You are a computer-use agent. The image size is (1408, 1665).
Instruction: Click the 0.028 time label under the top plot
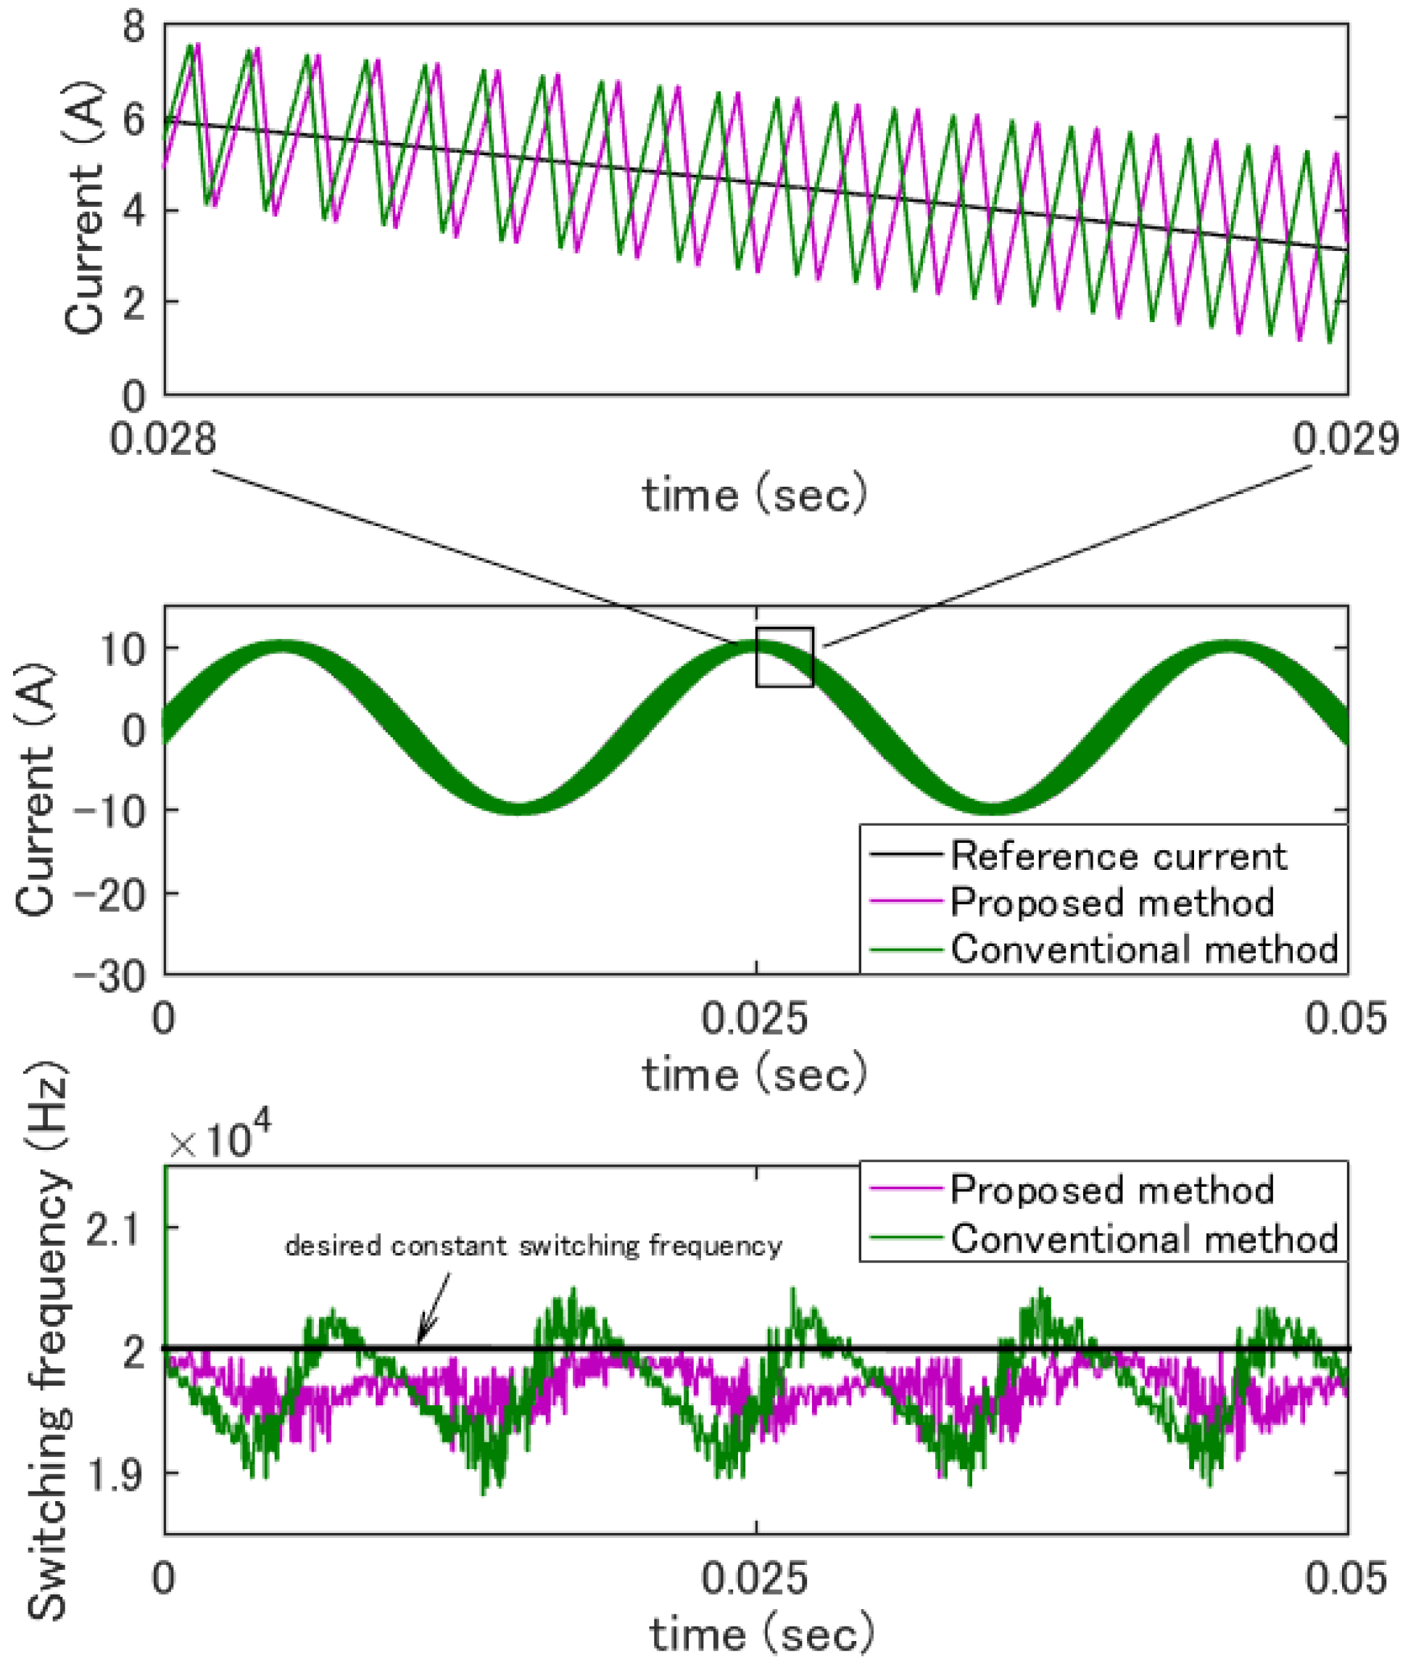click(x=163, y=440)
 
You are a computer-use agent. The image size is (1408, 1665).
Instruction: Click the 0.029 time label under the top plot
click(x=1346, y=440)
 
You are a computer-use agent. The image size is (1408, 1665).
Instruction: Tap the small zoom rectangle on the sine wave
click(x=784, y=657)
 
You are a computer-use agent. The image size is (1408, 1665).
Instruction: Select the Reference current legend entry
click(x=1117, y=856)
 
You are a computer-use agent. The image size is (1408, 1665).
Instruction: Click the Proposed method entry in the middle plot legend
click(x=1111, y=903)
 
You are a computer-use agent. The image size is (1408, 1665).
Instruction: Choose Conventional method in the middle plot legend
click(x=1143, y=950)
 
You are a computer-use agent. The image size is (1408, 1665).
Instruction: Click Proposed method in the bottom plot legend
click(x=1111, y=1189)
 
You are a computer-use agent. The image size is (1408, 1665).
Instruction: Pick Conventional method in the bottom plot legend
click(x=1143, y=1238)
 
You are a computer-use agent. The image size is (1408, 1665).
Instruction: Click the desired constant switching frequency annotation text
click(x=533, y=1245)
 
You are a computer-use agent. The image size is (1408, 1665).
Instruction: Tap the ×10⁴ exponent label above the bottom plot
click(x=220, y=1141)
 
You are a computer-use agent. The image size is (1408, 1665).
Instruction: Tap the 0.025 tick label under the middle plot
click(x=755, y=1019)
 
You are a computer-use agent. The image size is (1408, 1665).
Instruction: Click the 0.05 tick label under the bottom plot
click(x=1346, y=1579)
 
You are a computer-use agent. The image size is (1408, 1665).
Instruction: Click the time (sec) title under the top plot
click(x=755, y=495)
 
